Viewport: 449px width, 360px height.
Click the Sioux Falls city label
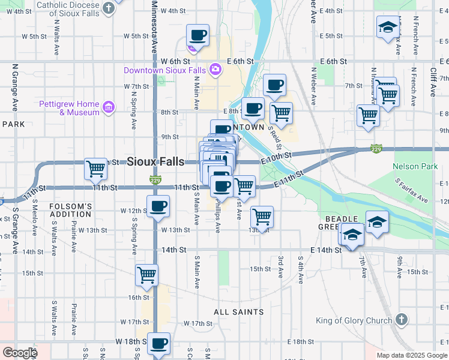(x=155, y=161)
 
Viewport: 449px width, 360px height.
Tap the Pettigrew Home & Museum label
(x=69, y=108)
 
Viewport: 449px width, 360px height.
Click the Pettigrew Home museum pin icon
(x=109, y=107)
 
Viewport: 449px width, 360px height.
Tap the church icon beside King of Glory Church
(x=402, y=320)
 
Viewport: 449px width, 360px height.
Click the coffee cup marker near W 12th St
(x=158, y=206)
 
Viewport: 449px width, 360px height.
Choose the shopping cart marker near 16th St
(x=146, y=275)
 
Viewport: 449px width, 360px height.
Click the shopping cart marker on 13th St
(x=261, y=217)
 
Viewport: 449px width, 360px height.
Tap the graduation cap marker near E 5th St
(x=388, y=27)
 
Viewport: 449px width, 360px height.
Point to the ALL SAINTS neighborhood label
(x=238, y=312)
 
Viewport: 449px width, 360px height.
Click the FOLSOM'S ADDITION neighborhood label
(x=71, y=210)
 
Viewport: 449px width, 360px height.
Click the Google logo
(x=20, y=353)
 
